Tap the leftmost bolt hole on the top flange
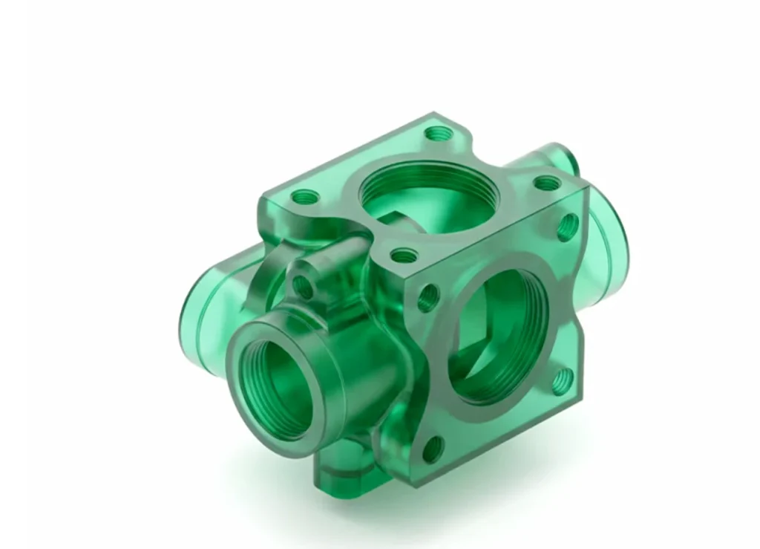(x=305, y=198)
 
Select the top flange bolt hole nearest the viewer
(x=403, y=256)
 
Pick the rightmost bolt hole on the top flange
(x=546, y=183)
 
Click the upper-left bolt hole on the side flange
(x=429, y=298)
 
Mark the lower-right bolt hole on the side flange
(x=563, y=380)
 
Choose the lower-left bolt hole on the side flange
(x=431, y=449)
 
